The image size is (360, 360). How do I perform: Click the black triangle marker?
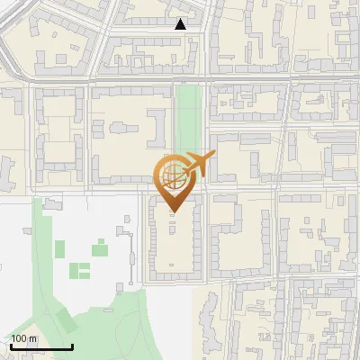pos(181,25)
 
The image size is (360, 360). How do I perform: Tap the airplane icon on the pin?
pos(198,164)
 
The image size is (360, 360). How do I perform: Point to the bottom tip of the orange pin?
pos(172,211)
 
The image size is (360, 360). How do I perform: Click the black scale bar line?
pos(41,346)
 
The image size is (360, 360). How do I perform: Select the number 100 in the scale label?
pos(19,338)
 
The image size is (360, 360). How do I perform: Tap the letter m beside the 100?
pos(32,338)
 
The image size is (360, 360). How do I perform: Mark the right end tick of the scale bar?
pos(72,344)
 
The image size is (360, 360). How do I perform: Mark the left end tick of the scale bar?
pos(11,344)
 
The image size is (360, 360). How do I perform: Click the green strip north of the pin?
pos(187,117)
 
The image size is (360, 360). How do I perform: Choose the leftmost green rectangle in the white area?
pos(59,249)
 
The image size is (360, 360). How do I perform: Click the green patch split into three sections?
pos(80,269)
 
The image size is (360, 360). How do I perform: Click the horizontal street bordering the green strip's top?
pos(187,82)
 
